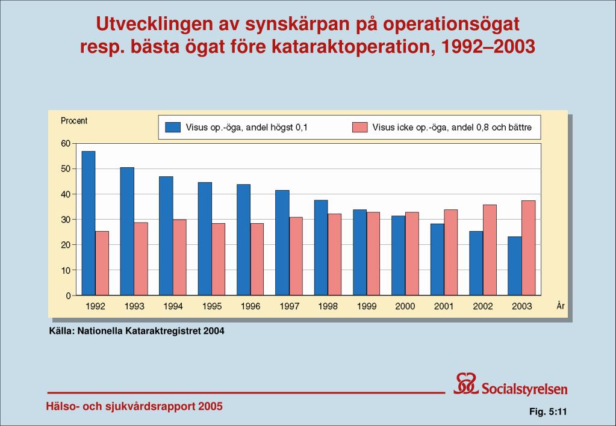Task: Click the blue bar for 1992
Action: [x=89, y=223]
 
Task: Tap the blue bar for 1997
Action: [x=282, y=242]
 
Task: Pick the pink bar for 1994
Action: [x=179, y=258]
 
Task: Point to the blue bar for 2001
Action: [x=437, y=259]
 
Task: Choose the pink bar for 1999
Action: [x=373, y=253]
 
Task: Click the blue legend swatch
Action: [x=173, y=127]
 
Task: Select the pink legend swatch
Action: [x=359, y=127]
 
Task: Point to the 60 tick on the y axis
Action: [x=65, y=143]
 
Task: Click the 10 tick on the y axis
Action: [x=65, y=270]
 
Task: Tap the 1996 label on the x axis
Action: [x=250, y=306]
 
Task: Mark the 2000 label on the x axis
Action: [x=405, y=306]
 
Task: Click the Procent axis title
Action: [x=74, y=121]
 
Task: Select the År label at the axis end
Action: [x=560, y=306]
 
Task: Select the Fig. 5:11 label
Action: [x=549, y=412]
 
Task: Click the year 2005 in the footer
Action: [x=210, y=406]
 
